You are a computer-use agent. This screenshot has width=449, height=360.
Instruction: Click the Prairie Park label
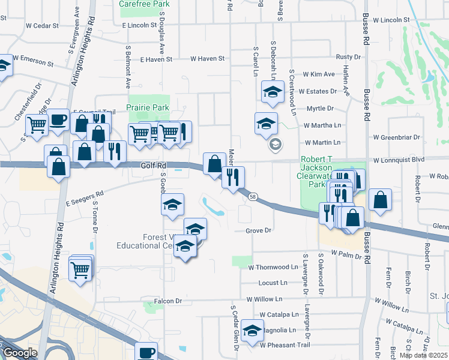click(147, 107)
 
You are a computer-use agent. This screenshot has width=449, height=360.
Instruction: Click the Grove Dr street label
click(259, 230)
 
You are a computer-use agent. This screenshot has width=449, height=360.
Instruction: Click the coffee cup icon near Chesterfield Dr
click(58, 120)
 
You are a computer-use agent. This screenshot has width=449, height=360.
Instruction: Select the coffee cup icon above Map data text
click(146, 352)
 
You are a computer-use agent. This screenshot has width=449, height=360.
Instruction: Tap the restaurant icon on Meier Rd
click(232, 177)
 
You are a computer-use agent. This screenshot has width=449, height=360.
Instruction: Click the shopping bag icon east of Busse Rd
click(381, 200)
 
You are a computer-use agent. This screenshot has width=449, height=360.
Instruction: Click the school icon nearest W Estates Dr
click(273, 92)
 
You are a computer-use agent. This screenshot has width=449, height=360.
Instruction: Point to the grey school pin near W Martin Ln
click(276, 144)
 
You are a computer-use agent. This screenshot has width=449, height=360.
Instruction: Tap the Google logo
click(19, 353)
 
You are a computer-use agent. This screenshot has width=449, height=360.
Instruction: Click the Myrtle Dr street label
click(319, 108)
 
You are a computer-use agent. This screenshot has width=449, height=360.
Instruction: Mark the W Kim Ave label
click(319, 74)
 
